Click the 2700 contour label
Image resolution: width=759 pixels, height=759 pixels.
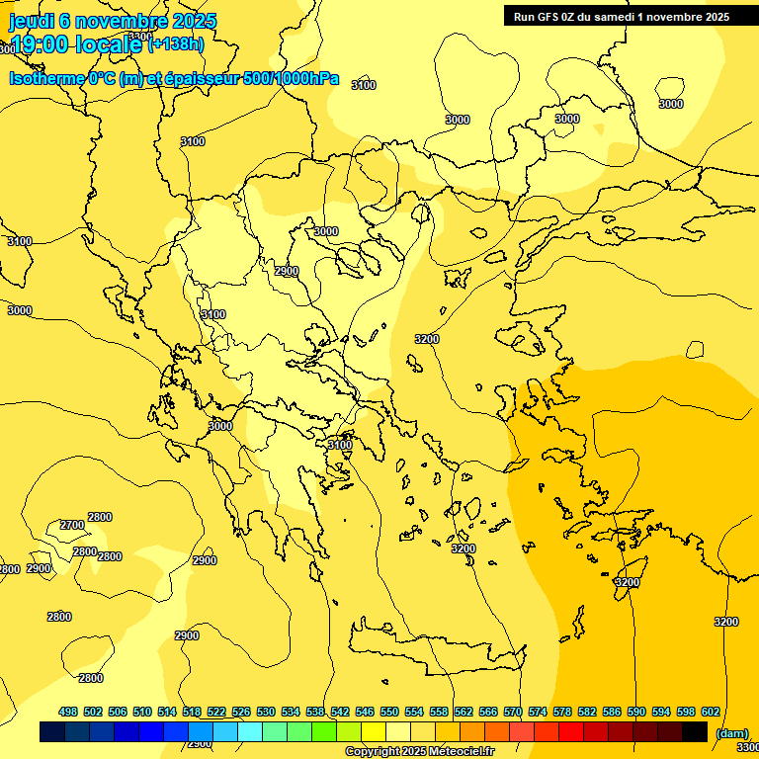coord(72,525)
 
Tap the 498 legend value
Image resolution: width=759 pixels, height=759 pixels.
coord(68,712)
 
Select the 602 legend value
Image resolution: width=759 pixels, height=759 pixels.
coord(711,712)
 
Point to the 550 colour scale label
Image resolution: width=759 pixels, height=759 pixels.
coord(389,712)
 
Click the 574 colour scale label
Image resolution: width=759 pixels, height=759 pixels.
coord(538,712)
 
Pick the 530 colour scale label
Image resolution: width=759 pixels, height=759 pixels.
coord(266,712)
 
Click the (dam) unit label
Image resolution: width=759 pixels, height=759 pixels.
coord(731,733)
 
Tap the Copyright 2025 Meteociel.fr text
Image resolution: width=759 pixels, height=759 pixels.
coord(419,752)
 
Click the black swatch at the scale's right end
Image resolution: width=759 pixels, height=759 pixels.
coord(695,731)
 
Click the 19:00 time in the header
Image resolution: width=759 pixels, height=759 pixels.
coord(41,44)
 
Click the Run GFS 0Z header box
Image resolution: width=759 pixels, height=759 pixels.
coord(618,16)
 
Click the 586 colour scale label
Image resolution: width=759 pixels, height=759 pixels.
coord(612,712)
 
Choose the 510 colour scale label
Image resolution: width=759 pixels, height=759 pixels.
coord(142,712)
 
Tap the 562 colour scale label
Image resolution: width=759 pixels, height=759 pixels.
coord(464,712)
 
